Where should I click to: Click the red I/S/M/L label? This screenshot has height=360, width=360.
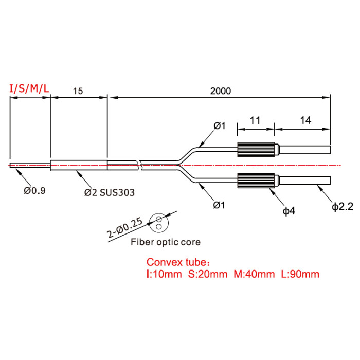(29, 88)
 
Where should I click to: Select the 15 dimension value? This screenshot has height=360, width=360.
(78, 91)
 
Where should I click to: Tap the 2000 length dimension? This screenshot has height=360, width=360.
(221, 91)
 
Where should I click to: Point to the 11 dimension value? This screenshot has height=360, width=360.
(255, 120)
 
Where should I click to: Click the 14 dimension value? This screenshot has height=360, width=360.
(305, 120)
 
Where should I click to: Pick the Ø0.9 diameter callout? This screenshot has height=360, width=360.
(34, 190)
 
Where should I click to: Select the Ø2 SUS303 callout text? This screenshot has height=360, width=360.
(109, 192)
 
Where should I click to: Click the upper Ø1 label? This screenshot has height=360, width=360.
(220, 126)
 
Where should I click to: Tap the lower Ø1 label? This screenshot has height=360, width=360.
(219, 205)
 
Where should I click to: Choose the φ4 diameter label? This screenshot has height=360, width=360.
(289, 211)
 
